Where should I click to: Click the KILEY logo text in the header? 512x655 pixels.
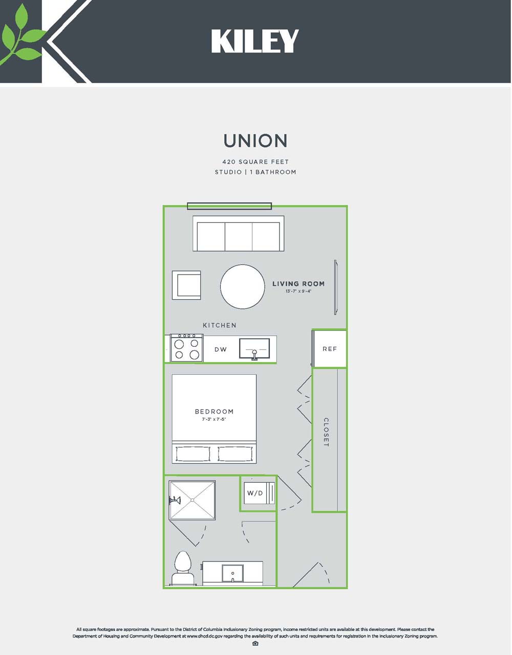(255, 41)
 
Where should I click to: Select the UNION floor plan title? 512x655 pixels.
(255, 141)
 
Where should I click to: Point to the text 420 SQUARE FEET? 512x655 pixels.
(255, 162)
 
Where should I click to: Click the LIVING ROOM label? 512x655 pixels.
(298, 284)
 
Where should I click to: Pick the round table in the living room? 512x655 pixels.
(243, 287)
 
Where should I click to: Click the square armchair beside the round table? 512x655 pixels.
(186, 285)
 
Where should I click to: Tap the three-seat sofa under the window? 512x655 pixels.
(239, 233)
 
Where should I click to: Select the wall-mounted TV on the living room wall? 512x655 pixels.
(335, 287)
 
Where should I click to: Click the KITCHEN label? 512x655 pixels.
(219, 325)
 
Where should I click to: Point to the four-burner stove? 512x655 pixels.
(187, 348)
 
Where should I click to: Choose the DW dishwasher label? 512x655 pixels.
(221, 349)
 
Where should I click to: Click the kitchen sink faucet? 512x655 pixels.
(254, 354)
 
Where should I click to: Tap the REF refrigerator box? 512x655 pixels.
(329, 349)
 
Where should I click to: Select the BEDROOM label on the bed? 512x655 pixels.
(214, 412)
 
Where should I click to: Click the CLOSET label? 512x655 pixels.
(326, 432)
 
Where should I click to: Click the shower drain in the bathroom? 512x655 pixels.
(192, 500)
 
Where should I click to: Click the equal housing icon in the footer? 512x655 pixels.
(255, 644)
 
